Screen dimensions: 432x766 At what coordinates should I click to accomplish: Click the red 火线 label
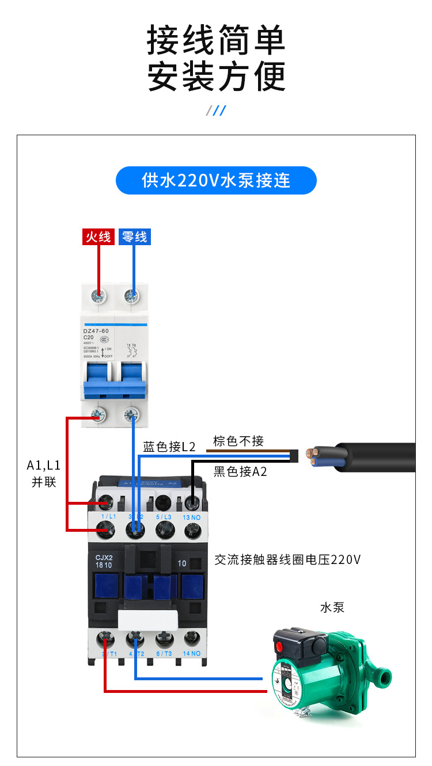(x=98, y=237)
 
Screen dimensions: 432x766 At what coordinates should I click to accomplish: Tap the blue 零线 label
(x=134, y=237)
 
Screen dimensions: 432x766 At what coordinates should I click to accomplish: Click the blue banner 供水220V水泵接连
(x=216, y=180)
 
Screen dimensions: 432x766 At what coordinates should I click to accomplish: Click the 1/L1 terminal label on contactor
(x=108, y=517)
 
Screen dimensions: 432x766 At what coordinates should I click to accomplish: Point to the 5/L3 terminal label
(x=164, y=517)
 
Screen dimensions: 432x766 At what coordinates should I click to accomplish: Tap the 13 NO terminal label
(x=192, y=517)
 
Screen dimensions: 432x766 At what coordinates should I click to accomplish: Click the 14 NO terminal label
(x=192, y=653)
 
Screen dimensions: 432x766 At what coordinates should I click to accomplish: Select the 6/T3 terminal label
(x=164, y=653)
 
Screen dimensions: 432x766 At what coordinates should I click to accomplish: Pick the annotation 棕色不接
(x=238, y=441)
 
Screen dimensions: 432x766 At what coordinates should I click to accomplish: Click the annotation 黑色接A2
(x=240, y=472)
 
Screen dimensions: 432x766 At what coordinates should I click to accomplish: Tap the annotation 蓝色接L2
(x=169, y=447)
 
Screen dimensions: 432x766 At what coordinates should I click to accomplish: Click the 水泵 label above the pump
(x=332, y=607)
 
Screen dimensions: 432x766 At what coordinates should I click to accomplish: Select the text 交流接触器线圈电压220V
(x=287, y=559)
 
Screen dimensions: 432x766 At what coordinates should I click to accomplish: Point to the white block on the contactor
(x=148, y=620)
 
